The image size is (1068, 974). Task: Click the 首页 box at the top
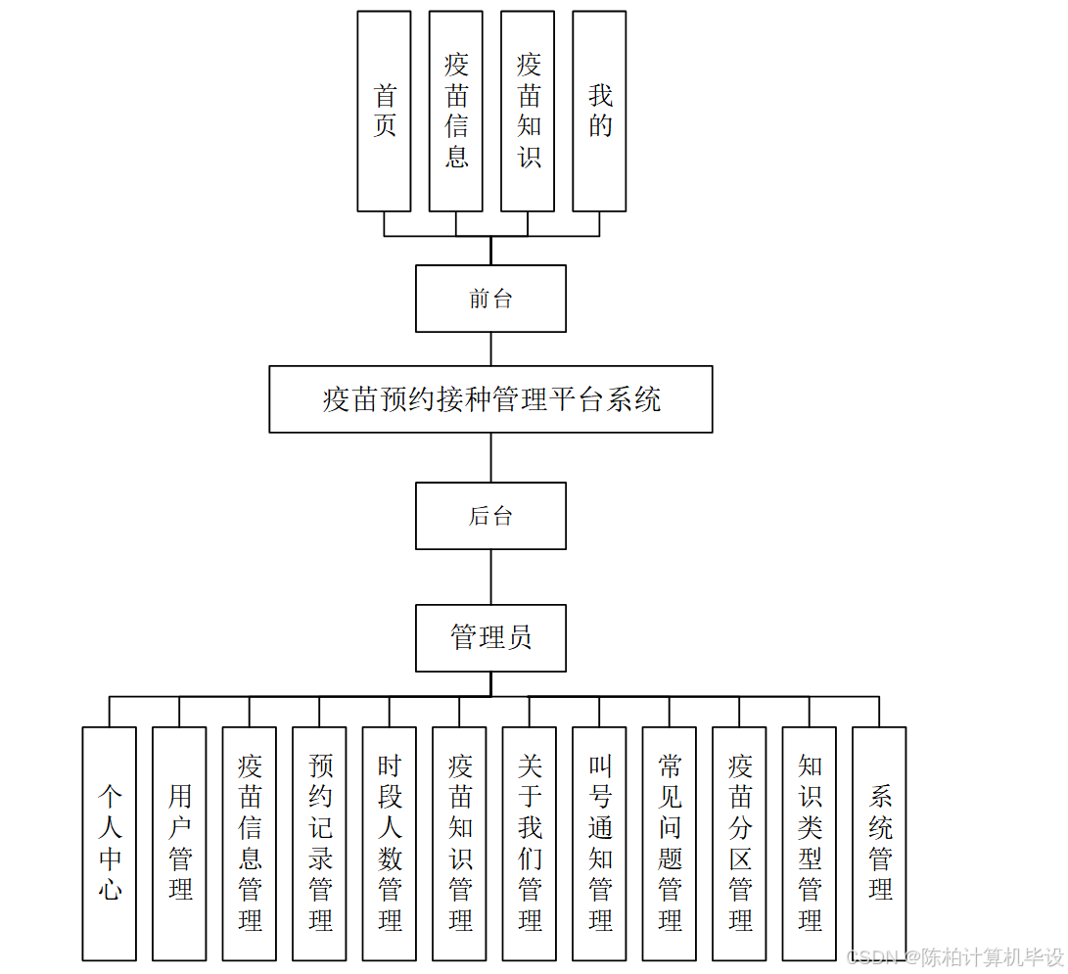(384, 111)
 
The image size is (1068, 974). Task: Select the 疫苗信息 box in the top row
(455, 111)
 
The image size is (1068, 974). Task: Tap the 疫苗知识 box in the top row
(528, 111)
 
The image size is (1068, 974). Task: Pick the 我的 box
(599, 111)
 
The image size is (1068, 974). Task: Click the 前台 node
(490, 299)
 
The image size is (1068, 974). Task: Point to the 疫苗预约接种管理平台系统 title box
(490, 399)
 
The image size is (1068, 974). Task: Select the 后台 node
(490, 516)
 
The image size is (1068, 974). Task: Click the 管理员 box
(490, 638)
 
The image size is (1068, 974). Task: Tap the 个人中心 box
(110, 843)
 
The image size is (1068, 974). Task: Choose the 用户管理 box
(179, 843)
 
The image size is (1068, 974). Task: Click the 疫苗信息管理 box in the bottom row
(250, 843)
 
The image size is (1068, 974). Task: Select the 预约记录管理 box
(319, 843)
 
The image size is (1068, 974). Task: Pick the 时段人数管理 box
(390, 843)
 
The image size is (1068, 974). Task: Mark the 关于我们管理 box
(530, 843)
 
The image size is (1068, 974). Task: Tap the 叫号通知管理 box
(599, 843)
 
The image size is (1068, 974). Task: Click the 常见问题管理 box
(670, 843)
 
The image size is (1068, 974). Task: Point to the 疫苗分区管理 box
(739, 843)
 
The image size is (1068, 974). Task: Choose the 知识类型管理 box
(810, 843)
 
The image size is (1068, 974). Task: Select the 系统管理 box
(879, 843)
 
